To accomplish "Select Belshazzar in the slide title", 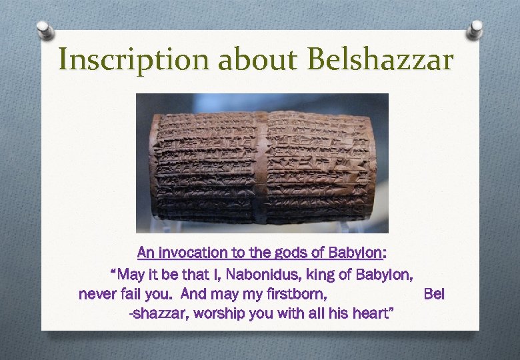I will point(380,59).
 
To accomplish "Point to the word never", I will point(96,294).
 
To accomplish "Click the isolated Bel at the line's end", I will point(434,294).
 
